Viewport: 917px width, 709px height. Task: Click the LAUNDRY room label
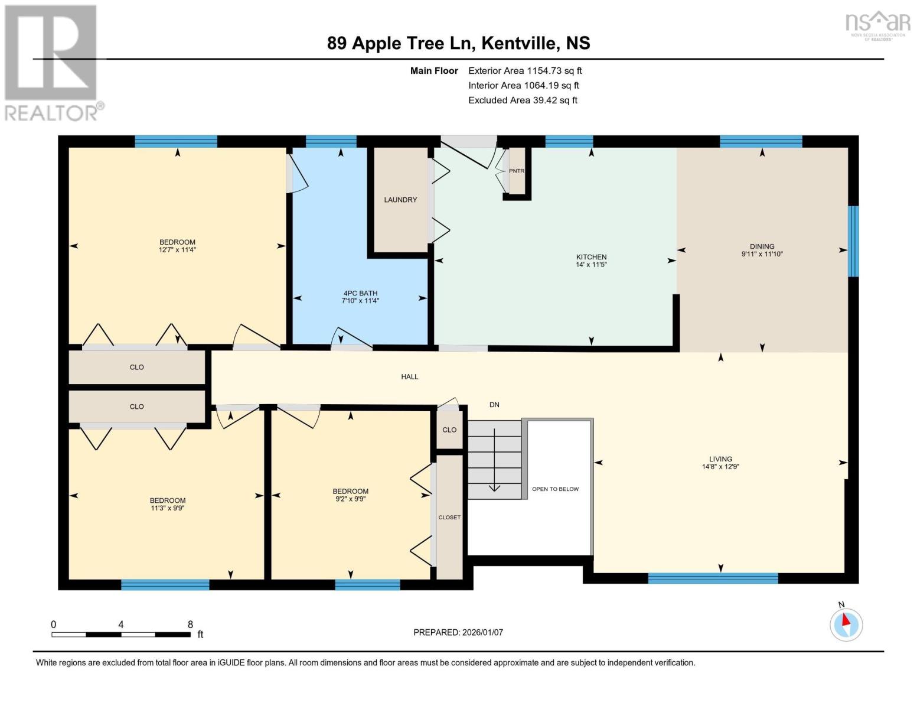coord(400,200)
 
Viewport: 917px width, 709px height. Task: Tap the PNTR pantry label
coord(517,171)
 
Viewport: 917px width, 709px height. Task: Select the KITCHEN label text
coord(591,257)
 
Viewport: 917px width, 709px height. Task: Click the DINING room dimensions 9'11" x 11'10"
coord(762,254)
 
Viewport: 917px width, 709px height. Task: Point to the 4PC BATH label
coord(360,293)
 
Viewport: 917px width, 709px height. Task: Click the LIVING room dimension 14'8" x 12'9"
coord(720,467)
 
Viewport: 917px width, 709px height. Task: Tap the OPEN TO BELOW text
coord(555,489)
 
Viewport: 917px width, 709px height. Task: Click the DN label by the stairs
coord(494,405)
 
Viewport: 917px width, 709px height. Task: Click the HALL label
coord(409,376)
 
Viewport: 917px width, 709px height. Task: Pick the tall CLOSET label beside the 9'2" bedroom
coord(449,518)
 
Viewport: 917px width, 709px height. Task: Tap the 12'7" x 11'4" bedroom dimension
coord(177,250)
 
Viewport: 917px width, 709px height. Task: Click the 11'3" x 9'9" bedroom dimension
coord(168,508)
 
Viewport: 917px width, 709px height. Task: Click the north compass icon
coord(846,624)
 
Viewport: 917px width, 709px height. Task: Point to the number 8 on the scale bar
coord(190,625)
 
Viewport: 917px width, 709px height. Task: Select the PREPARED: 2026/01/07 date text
coord(458,632)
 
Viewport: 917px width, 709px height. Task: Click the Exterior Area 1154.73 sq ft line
coord(525,71)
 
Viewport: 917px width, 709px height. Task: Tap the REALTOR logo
coord(52,62)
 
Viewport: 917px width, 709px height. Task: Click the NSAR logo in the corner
coord(878,24)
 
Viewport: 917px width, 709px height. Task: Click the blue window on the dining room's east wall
coord(853,241)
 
